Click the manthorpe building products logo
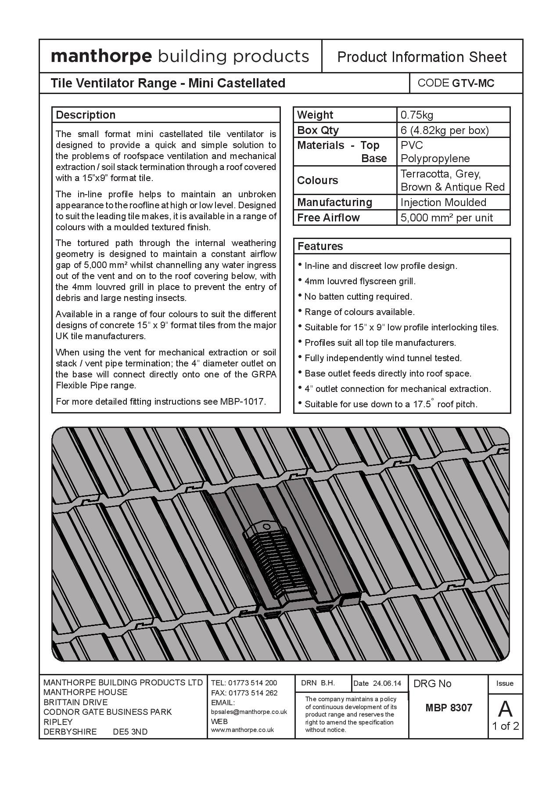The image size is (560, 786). (180, 57)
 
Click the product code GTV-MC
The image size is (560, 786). (473, 83)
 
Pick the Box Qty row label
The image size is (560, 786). (318, 130)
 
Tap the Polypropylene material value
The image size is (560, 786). (435, 159)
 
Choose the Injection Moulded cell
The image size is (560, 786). (443, 203)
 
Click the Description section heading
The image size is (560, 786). (86, 115)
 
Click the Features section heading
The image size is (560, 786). (320, 246)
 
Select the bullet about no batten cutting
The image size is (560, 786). (358, 297)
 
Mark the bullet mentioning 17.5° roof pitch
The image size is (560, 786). (391, 404)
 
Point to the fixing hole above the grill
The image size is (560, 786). (266, 526)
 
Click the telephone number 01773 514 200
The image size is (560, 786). (253, 683)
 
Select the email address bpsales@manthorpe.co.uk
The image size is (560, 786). (249, 712)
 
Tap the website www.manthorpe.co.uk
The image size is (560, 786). (242, 730)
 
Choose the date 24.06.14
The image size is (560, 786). (387, 683)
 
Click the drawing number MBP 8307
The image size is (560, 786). (449, 708)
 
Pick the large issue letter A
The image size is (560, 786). (505, 709)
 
